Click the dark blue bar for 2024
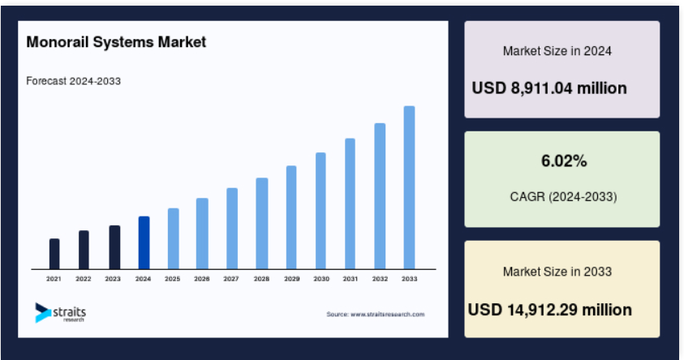click(x=144, y=242)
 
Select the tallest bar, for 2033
click(x=409, y=187)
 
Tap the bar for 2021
click(x=54, y=254)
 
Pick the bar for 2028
click(x=262, y=224)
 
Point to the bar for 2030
click(x=320, y=211)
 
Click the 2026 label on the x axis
click(x=202, y=279)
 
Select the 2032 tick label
click(x=380, y=279)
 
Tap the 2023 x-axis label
click(x=113, y=279)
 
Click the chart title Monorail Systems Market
click(x=116, y=42)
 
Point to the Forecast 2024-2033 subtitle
click(x=73, y=81)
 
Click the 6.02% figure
click(x=564, y=161)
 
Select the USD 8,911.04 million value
click(x=549, y=88)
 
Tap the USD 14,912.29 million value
click(x=549, y=310)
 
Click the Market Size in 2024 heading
click(x=557, y=51)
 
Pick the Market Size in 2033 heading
click(x=557, y=272)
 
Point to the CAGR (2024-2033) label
click(x=563, y=197)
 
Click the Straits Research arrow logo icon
click(x=42, y=313)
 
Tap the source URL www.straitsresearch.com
click(x=387, y=315)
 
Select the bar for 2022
click(x=84, y=251)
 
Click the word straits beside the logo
click(x=69, y=312)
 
